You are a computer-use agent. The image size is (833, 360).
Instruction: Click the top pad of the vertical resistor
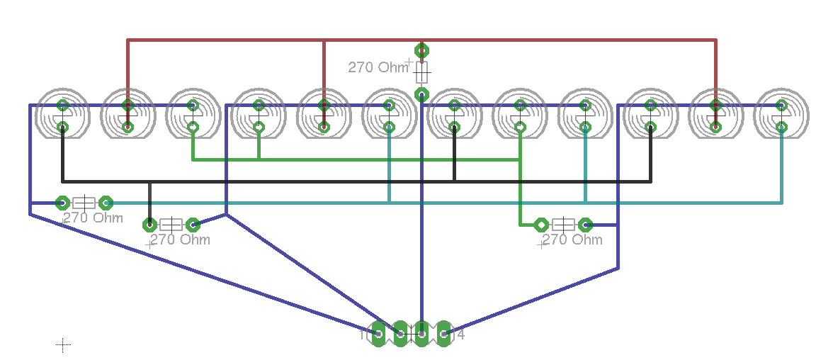pos(422,50)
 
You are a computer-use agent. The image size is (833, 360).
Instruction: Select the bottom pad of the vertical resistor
pos(422,94)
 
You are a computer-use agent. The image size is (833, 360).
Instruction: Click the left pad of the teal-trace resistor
pos(62,203)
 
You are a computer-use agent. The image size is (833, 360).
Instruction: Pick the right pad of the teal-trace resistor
pos(106,203)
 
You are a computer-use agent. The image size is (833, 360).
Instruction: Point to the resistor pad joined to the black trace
pos(149,225)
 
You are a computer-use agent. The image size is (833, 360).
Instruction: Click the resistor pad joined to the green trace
pos(541,225)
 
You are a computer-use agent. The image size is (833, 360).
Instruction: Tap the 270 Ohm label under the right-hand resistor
pos(572,240)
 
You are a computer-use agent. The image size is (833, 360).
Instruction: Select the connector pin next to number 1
pos(379,333)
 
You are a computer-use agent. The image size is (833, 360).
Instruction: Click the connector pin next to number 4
pos(444,333)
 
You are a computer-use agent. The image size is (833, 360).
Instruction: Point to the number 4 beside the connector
pos(460,334)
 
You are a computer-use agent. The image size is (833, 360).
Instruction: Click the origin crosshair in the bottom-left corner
pos(63,345)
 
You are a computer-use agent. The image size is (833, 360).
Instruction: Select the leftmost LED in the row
pos(63,114)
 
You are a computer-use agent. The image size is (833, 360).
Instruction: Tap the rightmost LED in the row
pos(781,114)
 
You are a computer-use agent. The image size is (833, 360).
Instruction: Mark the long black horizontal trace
pos(354,181)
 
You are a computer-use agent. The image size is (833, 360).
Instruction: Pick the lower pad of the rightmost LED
pos(781,127)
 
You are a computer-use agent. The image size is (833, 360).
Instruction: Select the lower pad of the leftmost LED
pos(62,128)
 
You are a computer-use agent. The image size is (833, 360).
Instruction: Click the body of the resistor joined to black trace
pos(171,225)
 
